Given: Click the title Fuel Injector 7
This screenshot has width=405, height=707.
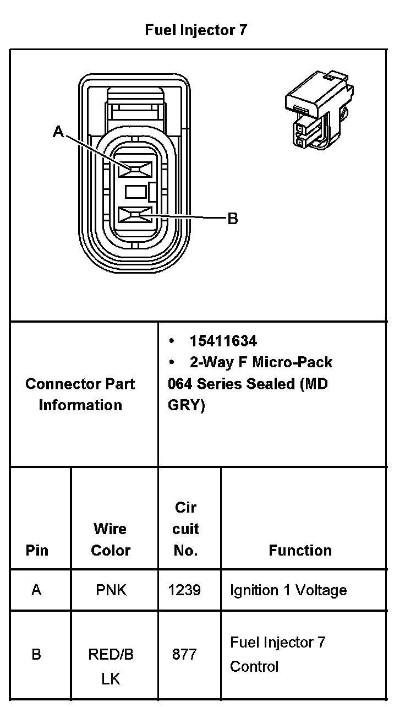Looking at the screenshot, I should point(196,30).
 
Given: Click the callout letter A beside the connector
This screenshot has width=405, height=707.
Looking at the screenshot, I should point(58,132).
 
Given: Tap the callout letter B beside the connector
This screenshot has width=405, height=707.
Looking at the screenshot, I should point(233,219).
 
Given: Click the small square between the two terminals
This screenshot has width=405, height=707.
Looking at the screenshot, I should point(135,192).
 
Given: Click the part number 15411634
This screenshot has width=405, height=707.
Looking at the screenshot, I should point(223,341).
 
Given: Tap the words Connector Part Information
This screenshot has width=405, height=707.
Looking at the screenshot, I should point(80,394).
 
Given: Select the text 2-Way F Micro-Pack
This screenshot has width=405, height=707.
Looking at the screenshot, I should point(261,362).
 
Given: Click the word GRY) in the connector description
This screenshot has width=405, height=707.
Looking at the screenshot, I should point(187,405).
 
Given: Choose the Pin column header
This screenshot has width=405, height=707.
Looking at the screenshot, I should point(37,550).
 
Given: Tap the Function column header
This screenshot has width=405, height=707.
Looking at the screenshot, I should point(300,550).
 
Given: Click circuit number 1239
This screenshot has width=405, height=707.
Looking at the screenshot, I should point(184,590).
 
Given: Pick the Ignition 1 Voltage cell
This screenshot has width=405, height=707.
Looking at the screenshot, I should point(288,590).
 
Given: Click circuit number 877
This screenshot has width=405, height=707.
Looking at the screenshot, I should point(184,655).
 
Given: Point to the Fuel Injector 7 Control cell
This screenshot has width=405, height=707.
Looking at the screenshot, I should point(278,654).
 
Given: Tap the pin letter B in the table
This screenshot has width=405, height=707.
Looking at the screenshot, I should point(36,655).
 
